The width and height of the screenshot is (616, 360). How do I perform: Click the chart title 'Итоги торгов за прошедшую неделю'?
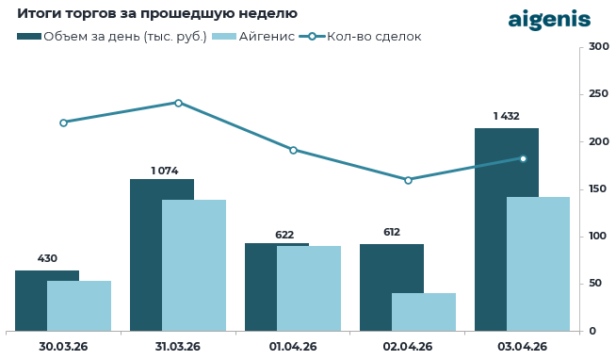click(x=157, y=14)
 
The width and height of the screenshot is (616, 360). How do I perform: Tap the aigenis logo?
click(x=549, y=19)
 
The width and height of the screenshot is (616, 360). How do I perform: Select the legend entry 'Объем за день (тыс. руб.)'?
click(x=112, y=37)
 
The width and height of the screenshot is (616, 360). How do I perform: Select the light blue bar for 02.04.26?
click(x=424, y=312)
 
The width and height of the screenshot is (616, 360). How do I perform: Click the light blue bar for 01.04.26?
click(x=309, y=288)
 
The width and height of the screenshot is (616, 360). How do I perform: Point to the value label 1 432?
click(x=507, y=116)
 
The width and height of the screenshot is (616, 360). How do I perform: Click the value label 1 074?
click(x=165, y=171)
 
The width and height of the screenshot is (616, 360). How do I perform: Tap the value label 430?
click(x=47, y=258)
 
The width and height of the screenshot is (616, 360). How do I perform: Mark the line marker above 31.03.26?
click(x=178, y=103)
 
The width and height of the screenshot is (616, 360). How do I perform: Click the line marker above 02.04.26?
click(x=408, y=180)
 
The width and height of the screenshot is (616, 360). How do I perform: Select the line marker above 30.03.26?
click(x=63, y=123)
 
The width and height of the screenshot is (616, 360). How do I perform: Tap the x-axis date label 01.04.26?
click(x=293, y=347)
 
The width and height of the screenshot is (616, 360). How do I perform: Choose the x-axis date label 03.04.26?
click(x=523, y=347)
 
